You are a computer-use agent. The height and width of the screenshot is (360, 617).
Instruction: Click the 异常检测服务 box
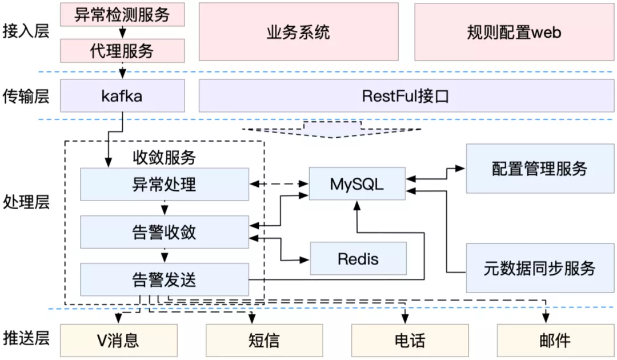click(122, 14)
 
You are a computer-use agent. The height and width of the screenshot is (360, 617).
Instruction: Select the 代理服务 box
click(122, 50)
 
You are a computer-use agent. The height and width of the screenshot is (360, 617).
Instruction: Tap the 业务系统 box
click(298, 31)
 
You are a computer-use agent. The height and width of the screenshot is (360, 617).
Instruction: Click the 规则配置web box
click(514, 31)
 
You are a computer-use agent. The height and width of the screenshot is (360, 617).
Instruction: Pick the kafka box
click(122, 95)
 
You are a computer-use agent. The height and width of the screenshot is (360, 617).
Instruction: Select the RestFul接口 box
click(406, 95)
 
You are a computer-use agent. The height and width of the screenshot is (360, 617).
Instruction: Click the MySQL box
click(357, 184)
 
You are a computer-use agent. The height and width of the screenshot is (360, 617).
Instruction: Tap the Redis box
click(358, 258)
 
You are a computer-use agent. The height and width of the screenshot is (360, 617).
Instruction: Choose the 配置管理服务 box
click(539, 169)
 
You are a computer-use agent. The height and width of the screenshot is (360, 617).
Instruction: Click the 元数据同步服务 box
click(539, 267)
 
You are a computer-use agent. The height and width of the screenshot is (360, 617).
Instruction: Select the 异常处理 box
click(164, 184)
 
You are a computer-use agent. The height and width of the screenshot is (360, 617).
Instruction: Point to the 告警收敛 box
click(164, 232)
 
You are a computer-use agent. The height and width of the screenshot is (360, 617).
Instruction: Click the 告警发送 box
click(164, 279)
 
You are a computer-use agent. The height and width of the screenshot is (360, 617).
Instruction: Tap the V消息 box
click(118, 341)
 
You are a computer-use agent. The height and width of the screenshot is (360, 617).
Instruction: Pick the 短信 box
click(264, 341)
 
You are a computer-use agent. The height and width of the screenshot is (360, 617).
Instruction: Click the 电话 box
click(410, 341)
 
